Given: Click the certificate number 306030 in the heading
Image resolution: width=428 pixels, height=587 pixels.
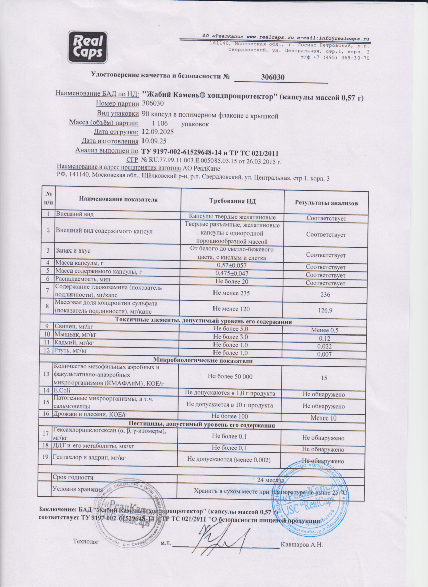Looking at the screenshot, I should coord(274,77).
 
